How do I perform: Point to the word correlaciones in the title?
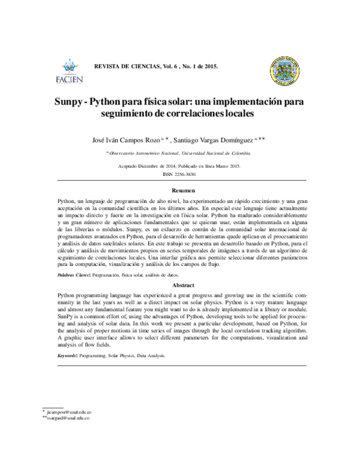[190, 113]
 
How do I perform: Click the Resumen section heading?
[180, 190]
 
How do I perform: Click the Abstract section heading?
[180, 285]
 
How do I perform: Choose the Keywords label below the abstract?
[66, 356]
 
